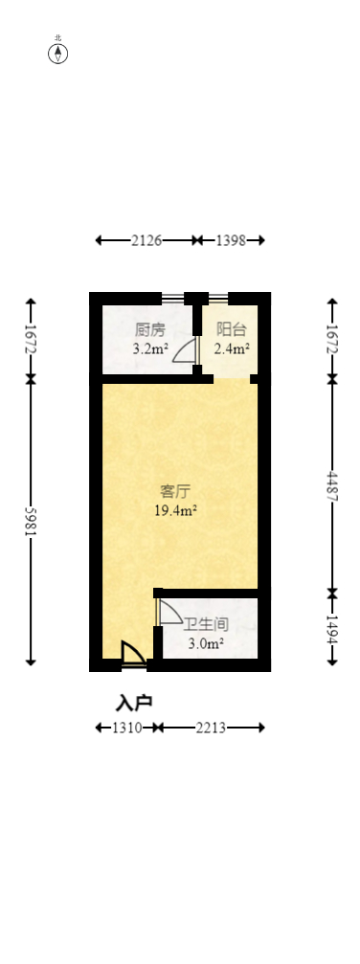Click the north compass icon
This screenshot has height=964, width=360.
(58, 53)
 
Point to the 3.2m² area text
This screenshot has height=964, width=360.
(150, 349)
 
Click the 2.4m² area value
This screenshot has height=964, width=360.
(232, 349)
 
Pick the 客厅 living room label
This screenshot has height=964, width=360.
(174, 492)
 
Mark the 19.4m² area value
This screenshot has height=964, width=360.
(176, 511)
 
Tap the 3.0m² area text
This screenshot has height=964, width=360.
(206, 644)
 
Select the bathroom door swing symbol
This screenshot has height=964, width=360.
(169, 613)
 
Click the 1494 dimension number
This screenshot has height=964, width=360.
(331, 627)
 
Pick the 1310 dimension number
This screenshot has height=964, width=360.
(127, 729)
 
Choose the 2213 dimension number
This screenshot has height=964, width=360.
(210, 729)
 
